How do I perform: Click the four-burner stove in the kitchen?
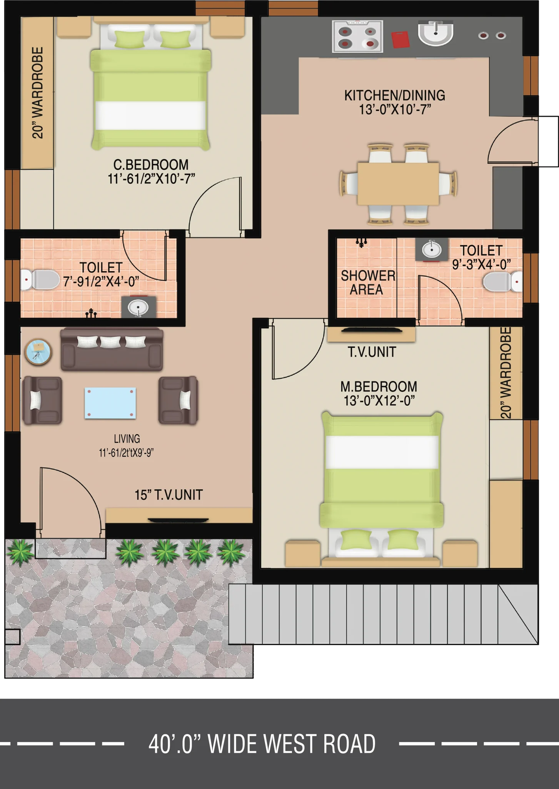click(357, 37)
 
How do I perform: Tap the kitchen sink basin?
click(436, 33)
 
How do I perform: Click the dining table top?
click(398, 184)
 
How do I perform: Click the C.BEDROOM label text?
click(151, 165)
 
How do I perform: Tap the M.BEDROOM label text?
click(379, 386)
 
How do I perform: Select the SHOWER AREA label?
click(368, 282)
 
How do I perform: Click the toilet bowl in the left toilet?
click(40, 280)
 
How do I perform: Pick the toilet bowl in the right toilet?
click(502, 282)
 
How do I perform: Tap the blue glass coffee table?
click(110, 403)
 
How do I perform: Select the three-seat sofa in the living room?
click(112, 349)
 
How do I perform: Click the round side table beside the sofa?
click(38, 352)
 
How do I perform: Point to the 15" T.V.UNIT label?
click(169, 495)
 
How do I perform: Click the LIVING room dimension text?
click(127, 453)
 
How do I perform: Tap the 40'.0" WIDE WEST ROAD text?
click(262, 744)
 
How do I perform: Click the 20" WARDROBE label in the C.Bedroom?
click(37, 92)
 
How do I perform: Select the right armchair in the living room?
click(179, 400)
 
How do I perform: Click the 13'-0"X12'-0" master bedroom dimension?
click(379, 401)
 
